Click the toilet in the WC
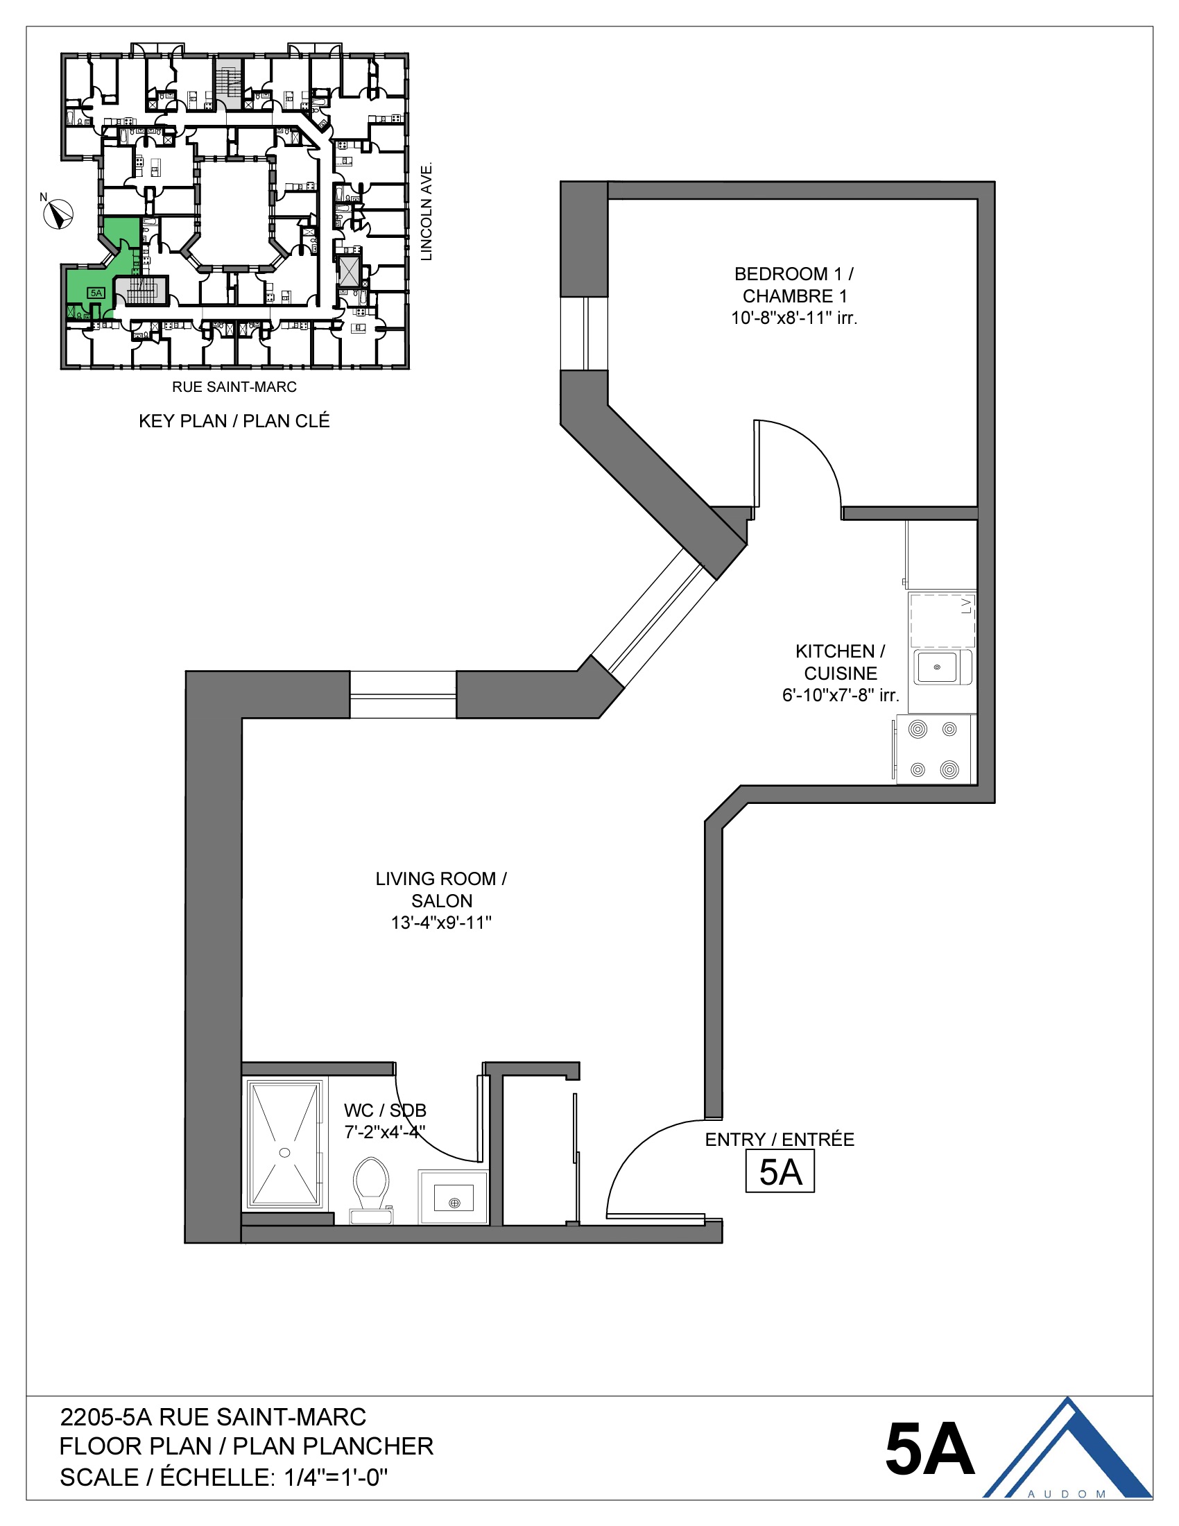371,1188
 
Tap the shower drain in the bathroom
284,1153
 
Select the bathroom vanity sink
454,1203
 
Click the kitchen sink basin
937,667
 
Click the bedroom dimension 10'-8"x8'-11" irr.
793,318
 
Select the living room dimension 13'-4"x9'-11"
440,923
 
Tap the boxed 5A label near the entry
780,1173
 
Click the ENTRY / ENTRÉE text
780,1140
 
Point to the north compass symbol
59,214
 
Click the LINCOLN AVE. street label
427,212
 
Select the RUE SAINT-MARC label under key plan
234,387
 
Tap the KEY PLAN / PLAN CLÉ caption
234,421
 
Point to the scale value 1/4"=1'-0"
336,1477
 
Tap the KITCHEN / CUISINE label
841,662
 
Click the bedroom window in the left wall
584,333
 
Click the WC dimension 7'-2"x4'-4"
385,1132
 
